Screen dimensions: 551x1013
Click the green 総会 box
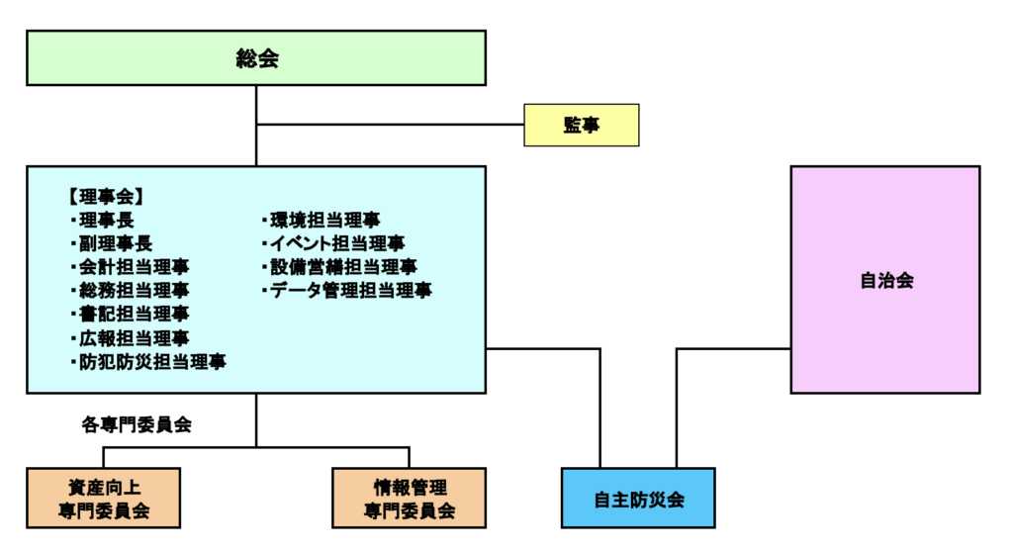[256, 58]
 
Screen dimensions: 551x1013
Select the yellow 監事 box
[581, 126]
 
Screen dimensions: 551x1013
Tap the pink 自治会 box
[885, 280]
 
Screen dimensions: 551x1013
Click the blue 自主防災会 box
[638, 499]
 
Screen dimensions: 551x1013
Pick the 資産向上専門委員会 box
[104, 499]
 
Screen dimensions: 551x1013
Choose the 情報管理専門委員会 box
[410, 499]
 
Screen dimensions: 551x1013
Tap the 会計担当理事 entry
[134, 267]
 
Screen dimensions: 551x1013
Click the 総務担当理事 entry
[134, 291]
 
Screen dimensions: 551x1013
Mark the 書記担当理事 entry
[134, 315]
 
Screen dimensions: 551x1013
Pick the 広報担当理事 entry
[134, 338]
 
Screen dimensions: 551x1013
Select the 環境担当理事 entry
[324, 220]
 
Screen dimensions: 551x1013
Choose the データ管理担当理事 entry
[350, 291]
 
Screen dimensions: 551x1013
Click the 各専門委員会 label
[136, 425]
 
